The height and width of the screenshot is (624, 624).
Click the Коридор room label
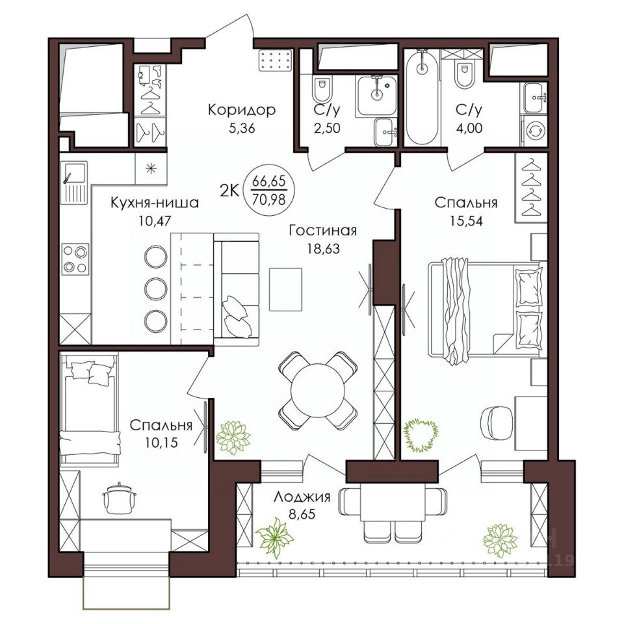pyautogui.click(x=242, y=109)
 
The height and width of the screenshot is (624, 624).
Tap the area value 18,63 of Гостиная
pyautogui.click(x=323, y=249)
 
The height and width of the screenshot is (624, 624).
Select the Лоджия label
pyautogui.click(x=302, y=497)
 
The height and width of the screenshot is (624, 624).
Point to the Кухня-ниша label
pyautogui.click(x=155, y=203)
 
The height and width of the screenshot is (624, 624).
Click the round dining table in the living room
pyautogui.click(x=318, y=390)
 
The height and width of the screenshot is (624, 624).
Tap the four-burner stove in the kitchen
pyautogui.click(x=75, y=259)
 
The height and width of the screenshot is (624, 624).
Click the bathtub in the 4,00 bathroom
pyautogui.click(x=422, y=97)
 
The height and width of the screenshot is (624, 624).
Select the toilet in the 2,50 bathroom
pyautogui.click(x=322, y=90)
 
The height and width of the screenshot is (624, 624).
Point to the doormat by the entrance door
pyautogui.click(x=276, y=60)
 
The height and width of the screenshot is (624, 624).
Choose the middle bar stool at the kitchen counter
pyautogui.click(x=155, y=289)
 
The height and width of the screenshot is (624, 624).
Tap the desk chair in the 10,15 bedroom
pyautogui.click(x=119, y=497)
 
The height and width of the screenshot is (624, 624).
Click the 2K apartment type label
pyautogui.click(x=229, y=191)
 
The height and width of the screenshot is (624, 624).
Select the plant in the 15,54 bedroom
pyautogui.click(x=421, y=435)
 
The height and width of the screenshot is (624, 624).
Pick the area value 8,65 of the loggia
pyautogui.click(x=302, y=514)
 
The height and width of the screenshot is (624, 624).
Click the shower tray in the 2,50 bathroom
pyautogui.click(x=376, y=96)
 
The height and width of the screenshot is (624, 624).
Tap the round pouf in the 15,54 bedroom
pyautogui.click(x=497, y=423)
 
